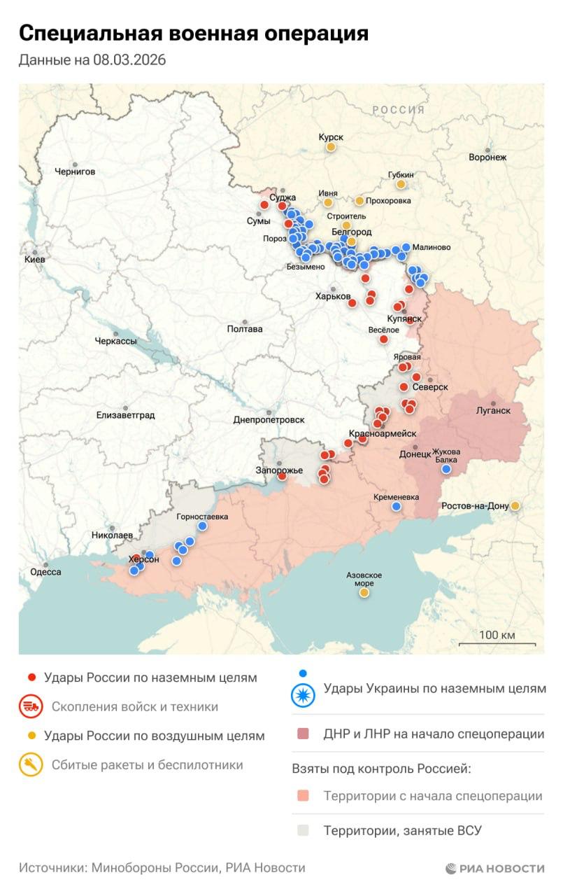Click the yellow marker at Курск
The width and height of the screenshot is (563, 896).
pyautogui.click(x=330, y=147)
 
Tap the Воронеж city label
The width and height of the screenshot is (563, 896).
pyautogui.click(x=487, y=157)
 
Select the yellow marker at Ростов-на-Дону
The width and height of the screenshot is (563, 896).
pyautogui.click(x=515, y=505)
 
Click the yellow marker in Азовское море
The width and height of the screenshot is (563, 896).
pyautogui.click(x=364, y=593)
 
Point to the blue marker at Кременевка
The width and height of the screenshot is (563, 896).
pyautogui.click(x=397, y=506)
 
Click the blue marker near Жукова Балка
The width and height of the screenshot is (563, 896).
pyautogui.click(x=446, y=470)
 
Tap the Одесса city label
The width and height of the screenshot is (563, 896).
pyautogui.click(x=46, y=572)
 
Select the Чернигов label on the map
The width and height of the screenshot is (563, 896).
pyautogui.click(x=75, y=171)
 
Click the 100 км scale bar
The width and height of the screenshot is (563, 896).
pyautogui.click(x=497, y=643)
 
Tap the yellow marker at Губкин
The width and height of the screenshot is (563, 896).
pyautogui.click(x=401, y=184)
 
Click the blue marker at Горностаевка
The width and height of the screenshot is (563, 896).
pyautogui.click(x=203, y=526)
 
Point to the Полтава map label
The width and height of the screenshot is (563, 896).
pyautogui.click(x=245, y=329)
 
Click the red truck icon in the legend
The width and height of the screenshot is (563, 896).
pyautogui.click(x=31, y=706)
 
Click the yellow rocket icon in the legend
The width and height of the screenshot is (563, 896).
pyautogui.click(x=31, y=765)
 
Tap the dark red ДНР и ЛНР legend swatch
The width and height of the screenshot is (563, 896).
pyautogui.click(x=302, y=734)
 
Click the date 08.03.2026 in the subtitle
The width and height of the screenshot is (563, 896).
pyautogui.click(x=129, y=61)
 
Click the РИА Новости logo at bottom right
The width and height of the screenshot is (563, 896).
pyautogui.click(x=495, y=868)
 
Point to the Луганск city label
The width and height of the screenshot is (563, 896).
pyautogui.click(x=494, y=410)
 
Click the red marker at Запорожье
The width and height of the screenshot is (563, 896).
pyautogui.click(x=282, y=476)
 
